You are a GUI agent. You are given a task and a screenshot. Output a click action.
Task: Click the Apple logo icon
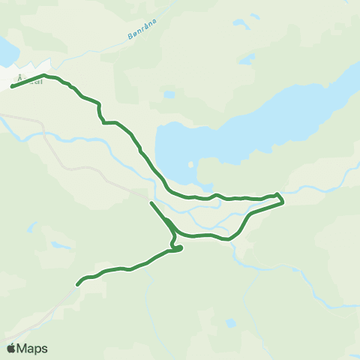click(11, 348)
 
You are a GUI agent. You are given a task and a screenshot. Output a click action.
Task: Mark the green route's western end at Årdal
click(13, 87)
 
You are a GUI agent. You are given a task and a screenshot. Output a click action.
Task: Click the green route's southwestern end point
click(77, 284)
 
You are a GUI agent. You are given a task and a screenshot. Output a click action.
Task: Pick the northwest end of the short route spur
click(151, 202)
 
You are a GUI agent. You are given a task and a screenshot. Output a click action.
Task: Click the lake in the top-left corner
click(6, 52)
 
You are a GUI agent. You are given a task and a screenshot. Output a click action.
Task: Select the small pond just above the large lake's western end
click(169, 94)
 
